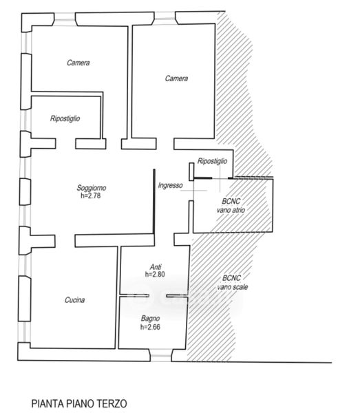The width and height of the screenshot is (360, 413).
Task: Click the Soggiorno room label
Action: pyautogui.click(x=92, y=188)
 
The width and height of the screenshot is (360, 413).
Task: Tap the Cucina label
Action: pyautogui.click(x=75, y=299)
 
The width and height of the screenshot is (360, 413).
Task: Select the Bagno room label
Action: pyautogui.click(x=150, y=319)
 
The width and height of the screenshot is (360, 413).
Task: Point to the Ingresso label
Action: pyautogui.click(x=171, y=185)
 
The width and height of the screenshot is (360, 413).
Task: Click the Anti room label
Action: pyautogui.click(x=156, y=266)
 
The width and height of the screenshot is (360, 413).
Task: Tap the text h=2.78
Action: pyautogui.click(x=91, y=195)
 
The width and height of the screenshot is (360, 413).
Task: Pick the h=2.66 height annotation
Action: pyautogui.click(x=150, y=327)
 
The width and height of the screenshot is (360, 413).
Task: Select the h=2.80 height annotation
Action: pyautogui.click(x=155, y=274)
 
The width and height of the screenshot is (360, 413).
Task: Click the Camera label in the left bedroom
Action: pyautogui.click(x=78, y=63)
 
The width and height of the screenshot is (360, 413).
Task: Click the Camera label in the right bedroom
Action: pyautogui.click(x=176, y=78)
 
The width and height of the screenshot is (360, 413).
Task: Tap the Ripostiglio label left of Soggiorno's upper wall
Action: pyautogui.click(x=65, y=118)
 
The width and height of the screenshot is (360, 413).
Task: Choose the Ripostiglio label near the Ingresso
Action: pyautogui.click(x=212, y=161)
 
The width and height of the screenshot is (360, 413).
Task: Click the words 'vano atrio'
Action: pyautogui.click(x=231, y=210)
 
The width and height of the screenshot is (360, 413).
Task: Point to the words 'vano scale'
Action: pyautogui.click(x=233, y=287)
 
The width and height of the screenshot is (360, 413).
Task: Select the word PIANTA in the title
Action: pyautogui.click(x=47, y=403)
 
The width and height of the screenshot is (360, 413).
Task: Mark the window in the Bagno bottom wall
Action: pyautogui.click(x=161, y=355)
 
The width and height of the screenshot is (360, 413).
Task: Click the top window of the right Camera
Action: pyautogui.click(x=165, y=19)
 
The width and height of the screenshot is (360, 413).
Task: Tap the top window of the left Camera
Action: pyautogui.click(x=65, y=20)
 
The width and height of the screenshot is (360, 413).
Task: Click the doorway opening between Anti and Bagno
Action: pyautogui.click(x=158, y=296)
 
